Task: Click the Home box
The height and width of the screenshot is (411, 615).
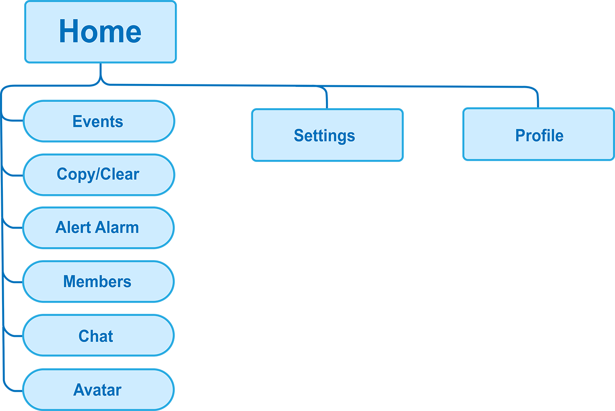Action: (x=100, y=32)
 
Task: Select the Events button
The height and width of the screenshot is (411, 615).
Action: (x=98, y=121)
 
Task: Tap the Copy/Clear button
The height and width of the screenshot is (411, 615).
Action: (x=98, y=175)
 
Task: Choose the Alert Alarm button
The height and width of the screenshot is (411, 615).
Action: (x=98, y=228)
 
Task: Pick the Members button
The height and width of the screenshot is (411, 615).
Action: (x=98, y=282)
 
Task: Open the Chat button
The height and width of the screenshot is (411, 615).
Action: (x=98, y=335)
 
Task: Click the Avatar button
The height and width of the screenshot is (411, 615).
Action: (x=98, y=389)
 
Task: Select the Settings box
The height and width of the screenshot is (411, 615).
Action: (x=327, y=135)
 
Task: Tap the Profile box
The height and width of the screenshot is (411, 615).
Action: (x=538, y=134)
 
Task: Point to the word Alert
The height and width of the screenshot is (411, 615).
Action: (x=73, y=228)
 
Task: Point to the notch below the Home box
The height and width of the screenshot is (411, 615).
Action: (x=100, y=69)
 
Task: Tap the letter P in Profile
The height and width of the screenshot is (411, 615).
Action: (x=520, y=136)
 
